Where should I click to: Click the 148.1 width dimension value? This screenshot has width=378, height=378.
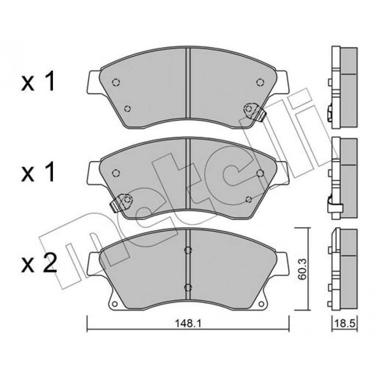pyautogui.click(x=188, y=323)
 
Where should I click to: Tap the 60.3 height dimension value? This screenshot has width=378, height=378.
pyautogui.click(x=302, y=269)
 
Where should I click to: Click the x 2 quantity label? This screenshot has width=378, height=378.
pyautogui.click(x=39, y=263)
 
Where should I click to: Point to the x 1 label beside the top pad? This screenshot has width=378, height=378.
pyautogui.click(x=38, y=81)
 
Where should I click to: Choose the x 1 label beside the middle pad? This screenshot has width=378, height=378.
pyautogui.click(x=38, y=172)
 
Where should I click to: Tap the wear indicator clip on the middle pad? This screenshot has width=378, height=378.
pyautogui.click(x=121, y=203)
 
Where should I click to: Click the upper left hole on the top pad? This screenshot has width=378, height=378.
pyautogui.click(x=116, y=82)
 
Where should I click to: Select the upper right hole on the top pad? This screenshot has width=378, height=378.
pyautogui.click(x=260, y=82)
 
